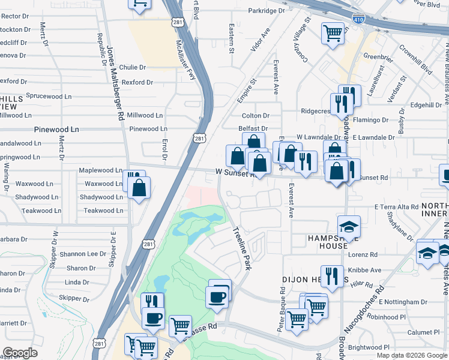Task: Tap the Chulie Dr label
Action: point(133,68)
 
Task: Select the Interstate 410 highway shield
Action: point(358,20)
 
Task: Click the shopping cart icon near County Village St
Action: point(332,33)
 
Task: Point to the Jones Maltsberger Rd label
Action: point(115,84)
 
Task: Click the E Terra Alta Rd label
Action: point(396,207)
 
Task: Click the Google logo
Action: point(20,352)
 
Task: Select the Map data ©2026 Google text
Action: point(412,355)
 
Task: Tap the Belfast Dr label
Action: point(253,128)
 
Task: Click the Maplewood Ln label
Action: point(101,170)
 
